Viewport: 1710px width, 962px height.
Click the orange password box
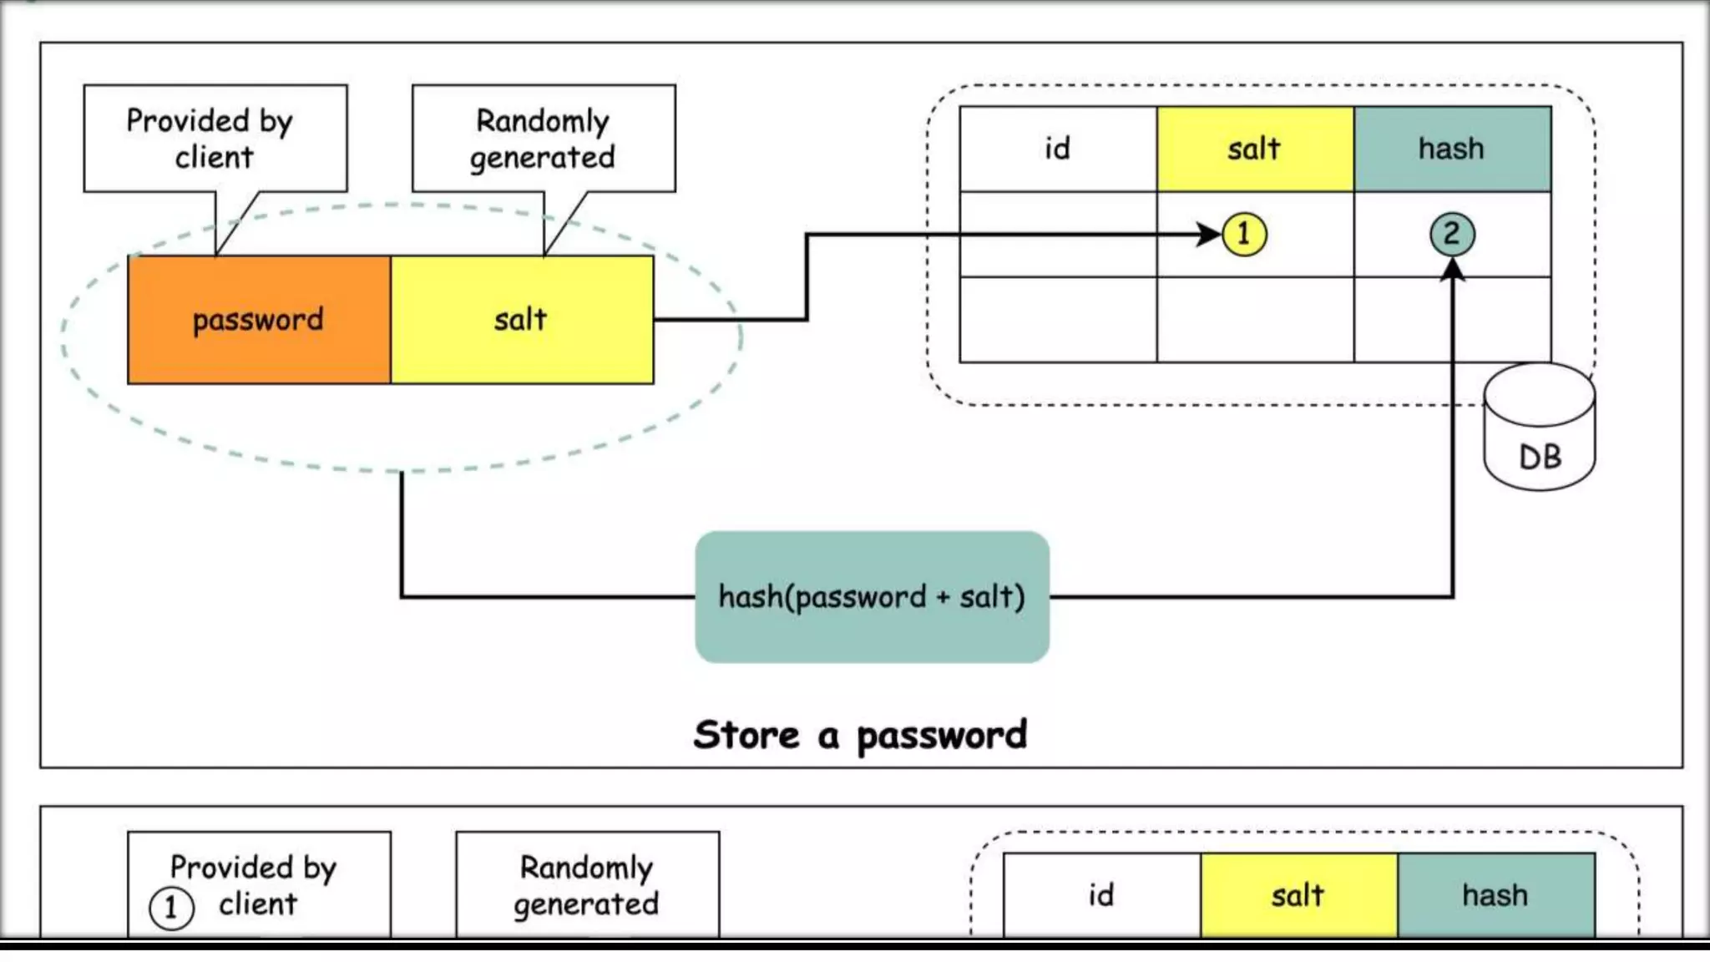260,320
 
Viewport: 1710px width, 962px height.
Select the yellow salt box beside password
523,320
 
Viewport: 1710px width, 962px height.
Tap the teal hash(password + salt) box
872,597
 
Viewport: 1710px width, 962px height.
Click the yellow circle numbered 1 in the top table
1244,234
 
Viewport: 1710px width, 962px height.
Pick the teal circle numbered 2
1452,234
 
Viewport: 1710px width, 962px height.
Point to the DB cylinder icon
1540,427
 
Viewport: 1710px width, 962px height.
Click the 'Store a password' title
860,736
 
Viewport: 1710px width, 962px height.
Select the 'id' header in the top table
1058,149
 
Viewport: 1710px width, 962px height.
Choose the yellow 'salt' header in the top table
1255,149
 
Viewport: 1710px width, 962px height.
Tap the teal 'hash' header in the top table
1453,149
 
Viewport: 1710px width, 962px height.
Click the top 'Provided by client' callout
215,139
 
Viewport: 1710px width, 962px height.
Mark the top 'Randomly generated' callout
544,139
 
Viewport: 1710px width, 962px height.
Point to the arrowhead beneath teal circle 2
1453,269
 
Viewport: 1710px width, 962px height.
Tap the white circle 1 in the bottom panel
171,907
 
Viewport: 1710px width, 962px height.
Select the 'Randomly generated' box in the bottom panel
587,885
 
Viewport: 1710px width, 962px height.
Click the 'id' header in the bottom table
1102,895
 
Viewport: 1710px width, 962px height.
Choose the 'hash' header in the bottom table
1496,895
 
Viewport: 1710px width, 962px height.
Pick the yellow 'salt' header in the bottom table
1299,895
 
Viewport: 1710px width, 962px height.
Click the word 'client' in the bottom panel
258,904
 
